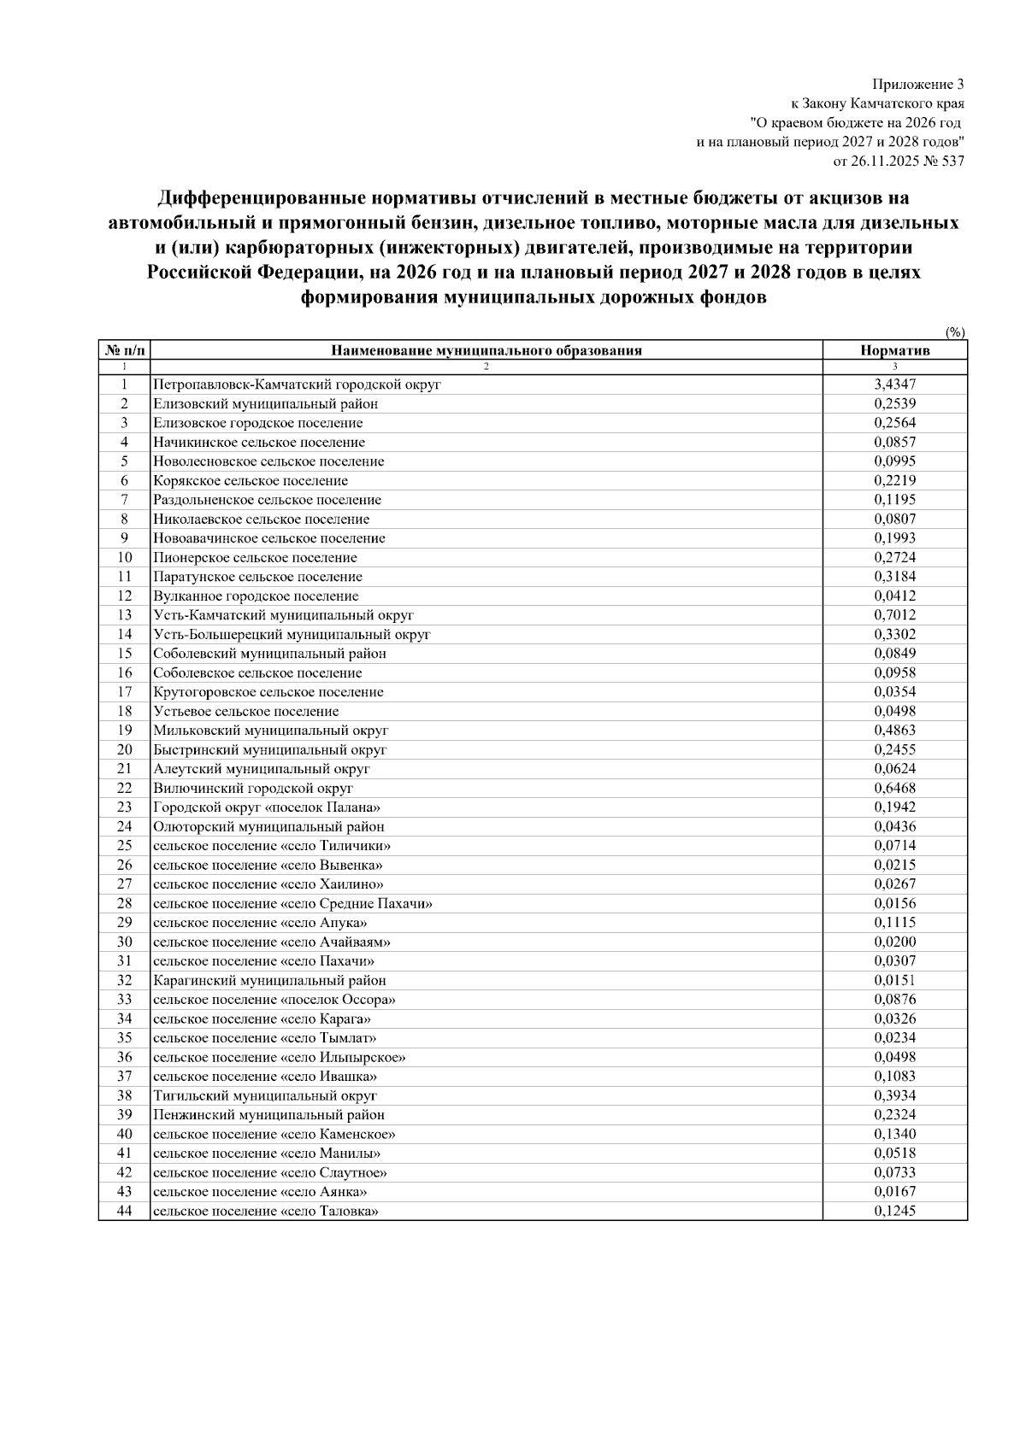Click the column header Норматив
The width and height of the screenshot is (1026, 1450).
pyautogui.click(x=894, y=350)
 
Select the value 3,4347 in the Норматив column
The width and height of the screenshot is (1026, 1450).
pyautogui.click(x=894, y=385)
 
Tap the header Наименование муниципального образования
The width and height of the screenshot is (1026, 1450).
pyautogui.click(x=486, y=350)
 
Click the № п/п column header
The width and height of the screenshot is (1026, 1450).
pyautogui.click(x=124, y=350)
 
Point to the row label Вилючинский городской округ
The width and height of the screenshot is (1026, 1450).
pyautogui.click(x=253, y=788)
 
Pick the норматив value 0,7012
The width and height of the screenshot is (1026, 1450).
pyautogui.click(x=894, y=615)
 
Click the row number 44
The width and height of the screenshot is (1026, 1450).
pyautogui.click(x=124, y=1211)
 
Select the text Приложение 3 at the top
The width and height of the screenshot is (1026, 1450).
pyautogui.click(x=917, y=85)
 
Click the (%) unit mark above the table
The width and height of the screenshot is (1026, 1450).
pyautogui.click(x=955, y=332)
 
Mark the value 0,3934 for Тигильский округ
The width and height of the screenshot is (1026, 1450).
pyautogui.click(x=894, y=1095)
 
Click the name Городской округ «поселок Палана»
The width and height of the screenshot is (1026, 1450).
pyautogui.click(x=267, y=807)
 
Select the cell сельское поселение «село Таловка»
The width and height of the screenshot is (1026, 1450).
pyautogui.click(x=266, y=1211)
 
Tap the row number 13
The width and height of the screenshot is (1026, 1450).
pyautogui.click(x=124, y=615)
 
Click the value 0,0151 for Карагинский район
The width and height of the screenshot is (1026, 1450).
pyautogui.click(x=894, y=980)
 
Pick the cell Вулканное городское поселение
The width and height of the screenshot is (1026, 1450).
pyautogui.click(x=256, y=596)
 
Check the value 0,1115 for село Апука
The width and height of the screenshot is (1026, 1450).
pyautogui.click(x=894, y=923)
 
